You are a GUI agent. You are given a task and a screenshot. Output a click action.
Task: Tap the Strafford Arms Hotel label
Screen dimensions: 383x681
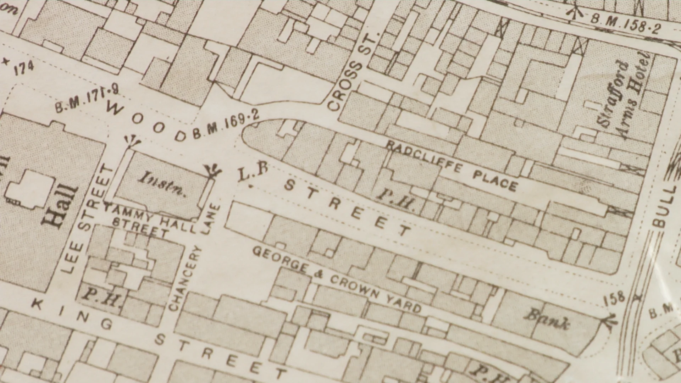[624, 96]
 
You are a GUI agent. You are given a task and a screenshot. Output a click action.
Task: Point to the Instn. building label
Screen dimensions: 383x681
[162, 183]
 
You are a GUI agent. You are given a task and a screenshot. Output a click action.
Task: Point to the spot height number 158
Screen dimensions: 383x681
[614, 298]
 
